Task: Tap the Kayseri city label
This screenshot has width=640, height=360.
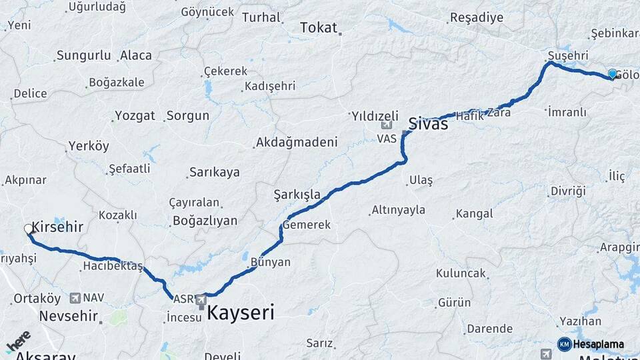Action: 241,313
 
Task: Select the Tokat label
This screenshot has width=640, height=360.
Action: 319,27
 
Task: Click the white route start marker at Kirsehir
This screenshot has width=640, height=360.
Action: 29,229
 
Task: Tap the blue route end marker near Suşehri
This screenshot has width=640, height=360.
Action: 612,74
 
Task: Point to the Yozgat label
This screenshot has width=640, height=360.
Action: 135,115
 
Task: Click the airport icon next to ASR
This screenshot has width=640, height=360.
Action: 201,301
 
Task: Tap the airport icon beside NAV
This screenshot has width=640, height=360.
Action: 74,298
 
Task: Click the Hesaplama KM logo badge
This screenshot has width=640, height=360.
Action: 564,344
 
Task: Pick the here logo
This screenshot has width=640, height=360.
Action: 18,342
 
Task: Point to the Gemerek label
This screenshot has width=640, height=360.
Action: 307,225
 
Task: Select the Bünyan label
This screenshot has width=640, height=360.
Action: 270,262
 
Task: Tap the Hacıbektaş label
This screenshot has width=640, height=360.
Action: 113,266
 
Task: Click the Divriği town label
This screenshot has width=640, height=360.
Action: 567,191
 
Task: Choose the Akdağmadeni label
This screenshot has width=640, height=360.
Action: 297,142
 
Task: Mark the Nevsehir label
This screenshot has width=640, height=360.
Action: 69,315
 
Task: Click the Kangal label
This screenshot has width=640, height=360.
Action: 474,214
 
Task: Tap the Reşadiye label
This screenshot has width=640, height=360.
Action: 477,18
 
